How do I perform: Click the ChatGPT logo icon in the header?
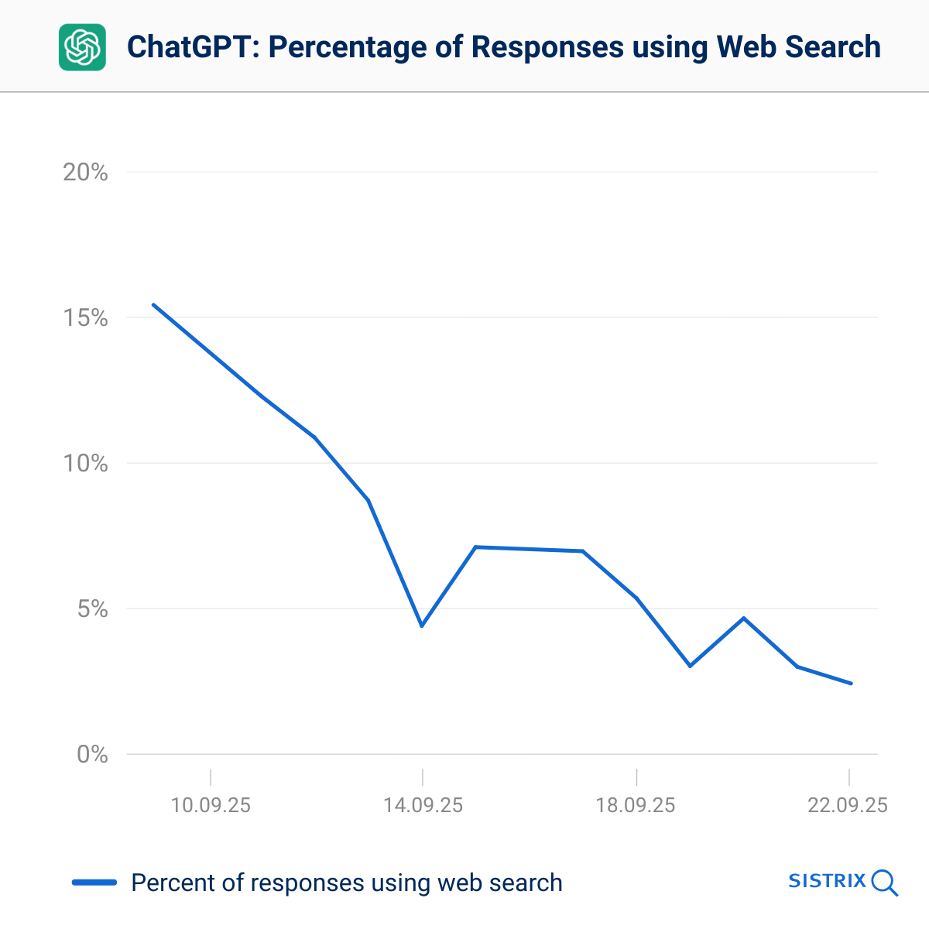(x=82, y=47)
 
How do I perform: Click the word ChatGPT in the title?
(x=192, y=47)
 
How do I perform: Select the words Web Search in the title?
(x=798, y=47)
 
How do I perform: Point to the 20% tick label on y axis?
(x=85, y=173)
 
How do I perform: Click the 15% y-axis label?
(x=85, y=318)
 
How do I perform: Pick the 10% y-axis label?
(x=85, y=464)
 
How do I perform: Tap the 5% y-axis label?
(x=92, y=609)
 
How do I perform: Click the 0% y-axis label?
(x=92, y=754)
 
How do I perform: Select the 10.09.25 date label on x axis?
(x=211, y=805)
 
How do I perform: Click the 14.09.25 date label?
(x=423, y=805)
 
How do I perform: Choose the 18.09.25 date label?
(x=636, y=805)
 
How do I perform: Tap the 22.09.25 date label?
(x=848, y=805)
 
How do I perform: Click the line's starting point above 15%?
(x=153, y=304)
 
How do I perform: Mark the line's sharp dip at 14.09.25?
(x=422, y=626)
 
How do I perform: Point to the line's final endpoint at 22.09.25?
(x=851, y=683)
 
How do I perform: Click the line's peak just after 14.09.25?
(x=475, y=547)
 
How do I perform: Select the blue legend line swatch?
(x=94, y=883)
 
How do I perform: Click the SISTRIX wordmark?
(x=826, y=881)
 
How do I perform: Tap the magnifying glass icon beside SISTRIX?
(x=884, y=883)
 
